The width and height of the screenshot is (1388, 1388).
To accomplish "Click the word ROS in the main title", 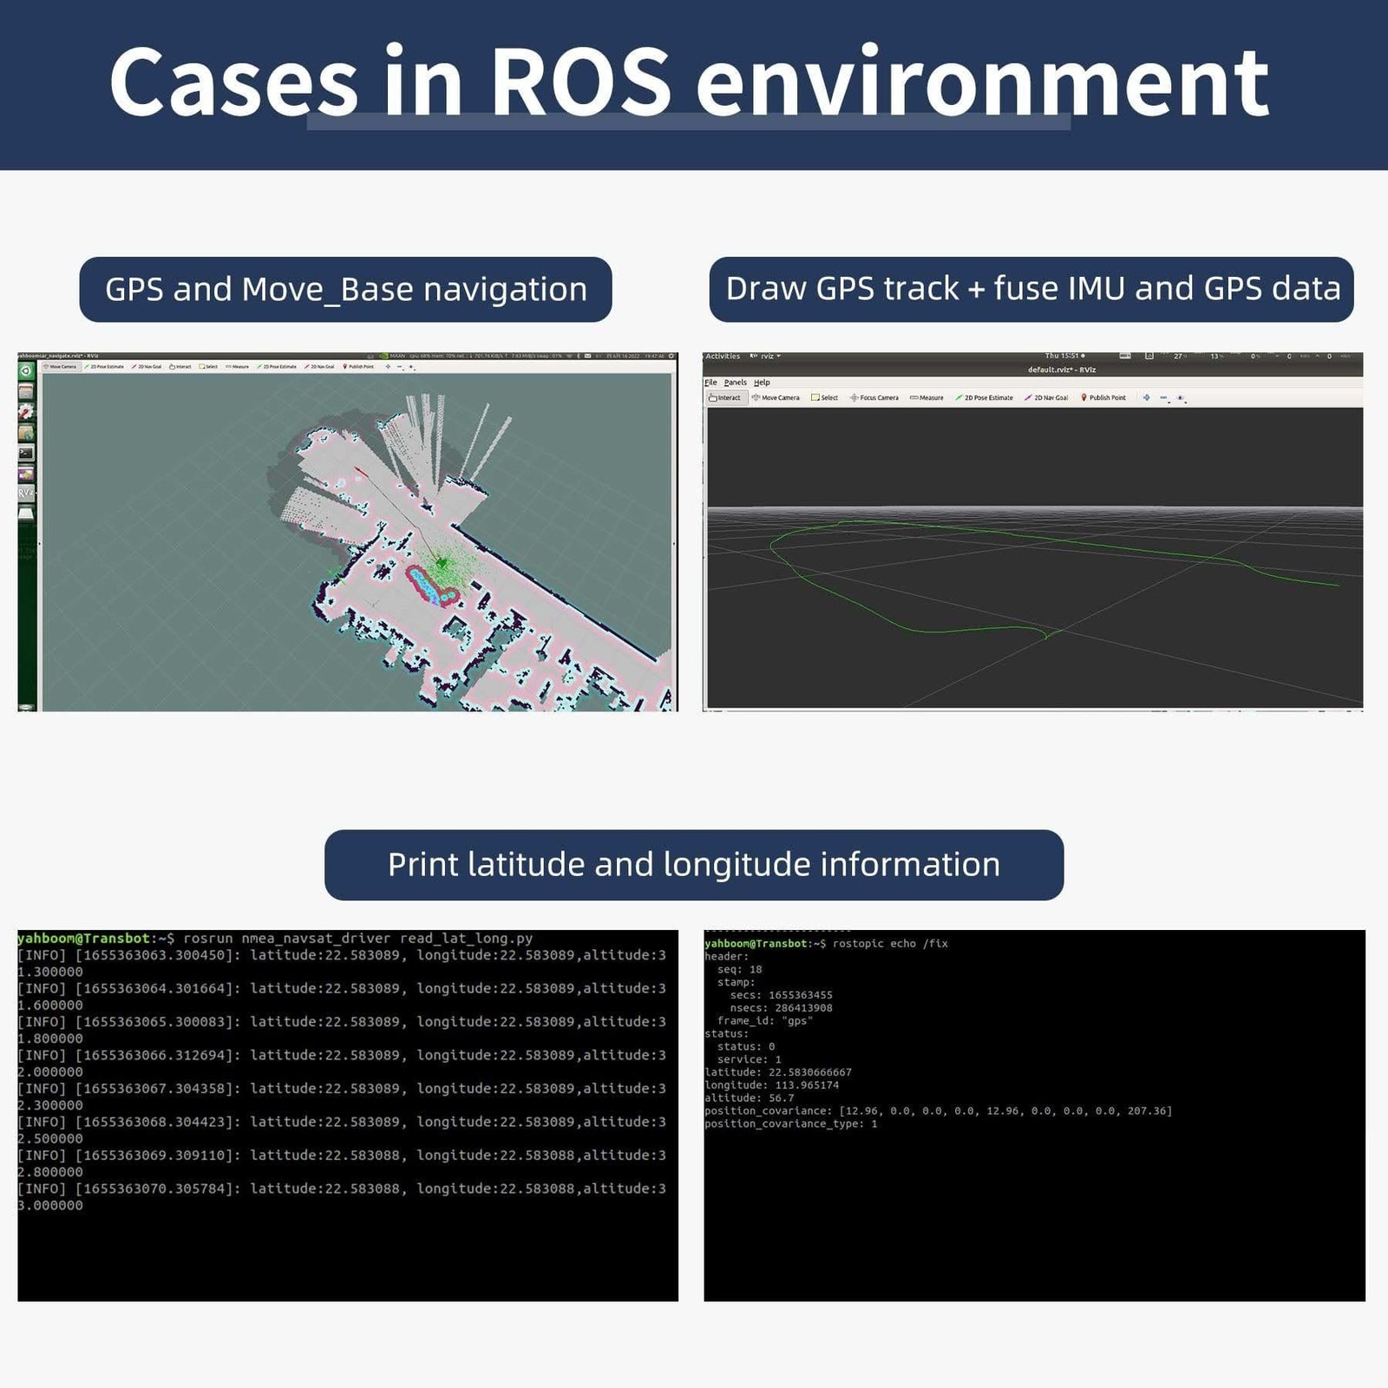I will tap(580, 82).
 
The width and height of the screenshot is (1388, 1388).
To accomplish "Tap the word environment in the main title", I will tap(982, 82).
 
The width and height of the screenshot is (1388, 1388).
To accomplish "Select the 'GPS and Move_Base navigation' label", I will tap(345, 290).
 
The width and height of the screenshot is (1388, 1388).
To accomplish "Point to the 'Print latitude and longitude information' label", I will tap(694, 865).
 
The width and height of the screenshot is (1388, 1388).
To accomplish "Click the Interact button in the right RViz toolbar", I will tap(725, 398).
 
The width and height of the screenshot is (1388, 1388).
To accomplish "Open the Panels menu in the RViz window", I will tap(735, 383).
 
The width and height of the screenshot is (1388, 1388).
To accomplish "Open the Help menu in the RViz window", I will tap(762, 383).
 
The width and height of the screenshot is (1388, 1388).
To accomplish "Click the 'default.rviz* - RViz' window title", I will tap(1061, 370).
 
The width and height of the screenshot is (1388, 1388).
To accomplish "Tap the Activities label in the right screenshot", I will tap(723, 357).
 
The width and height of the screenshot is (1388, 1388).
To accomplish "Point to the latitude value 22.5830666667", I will tap(809, 1072).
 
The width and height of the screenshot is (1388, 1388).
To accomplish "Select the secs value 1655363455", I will tap(800, 995).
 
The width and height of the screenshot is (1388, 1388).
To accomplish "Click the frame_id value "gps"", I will tap(797, 1021).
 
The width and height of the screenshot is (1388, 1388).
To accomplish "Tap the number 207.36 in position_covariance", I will tap(1149, 1111).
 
